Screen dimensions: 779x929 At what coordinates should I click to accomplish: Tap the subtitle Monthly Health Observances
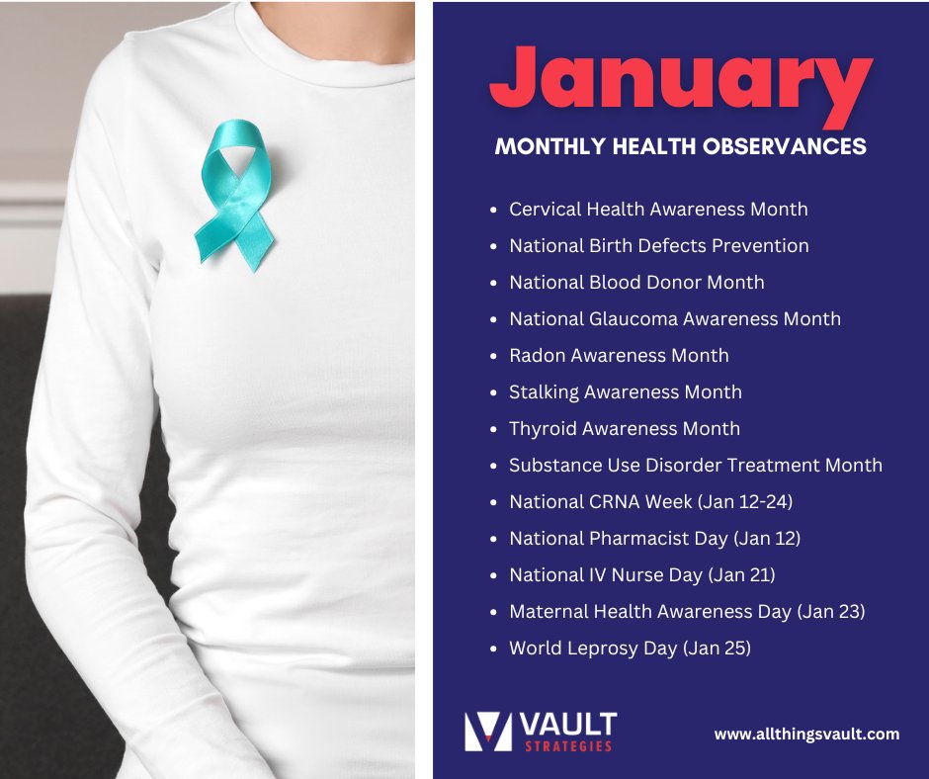pos(680,146)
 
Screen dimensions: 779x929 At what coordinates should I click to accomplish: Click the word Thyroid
pos(542,429)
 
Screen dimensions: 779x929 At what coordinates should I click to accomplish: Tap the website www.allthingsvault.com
pos(806,734)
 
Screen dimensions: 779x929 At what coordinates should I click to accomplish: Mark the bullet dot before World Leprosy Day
pos(494,649)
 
